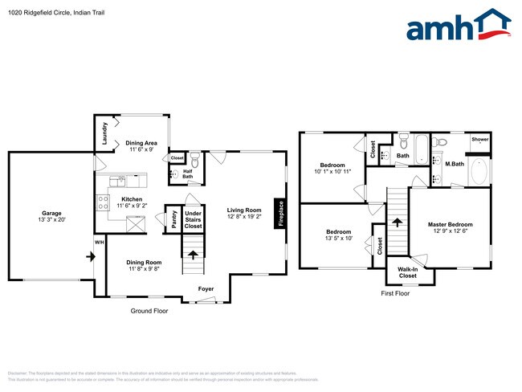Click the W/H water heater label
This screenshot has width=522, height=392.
point(100,243)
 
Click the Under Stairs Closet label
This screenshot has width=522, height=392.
point(193,220)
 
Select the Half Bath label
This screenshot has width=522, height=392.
point(187,173)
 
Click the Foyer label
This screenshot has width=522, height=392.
point(207,288)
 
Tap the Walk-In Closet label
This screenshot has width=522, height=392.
point(407,273)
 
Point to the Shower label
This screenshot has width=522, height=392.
point(480,139)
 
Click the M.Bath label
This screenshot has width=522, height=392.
point(455,164)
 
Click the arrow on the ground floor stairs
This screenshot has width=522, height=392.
point(192,257)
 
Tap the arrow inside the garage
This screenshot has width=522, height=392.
point(91,257)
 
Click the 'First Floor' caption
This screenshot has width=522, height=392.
point(395,294)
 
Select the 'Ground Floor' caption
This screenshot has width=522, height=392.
point(149,310)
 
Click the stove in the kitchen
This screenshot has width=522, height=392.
point(104,202)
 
